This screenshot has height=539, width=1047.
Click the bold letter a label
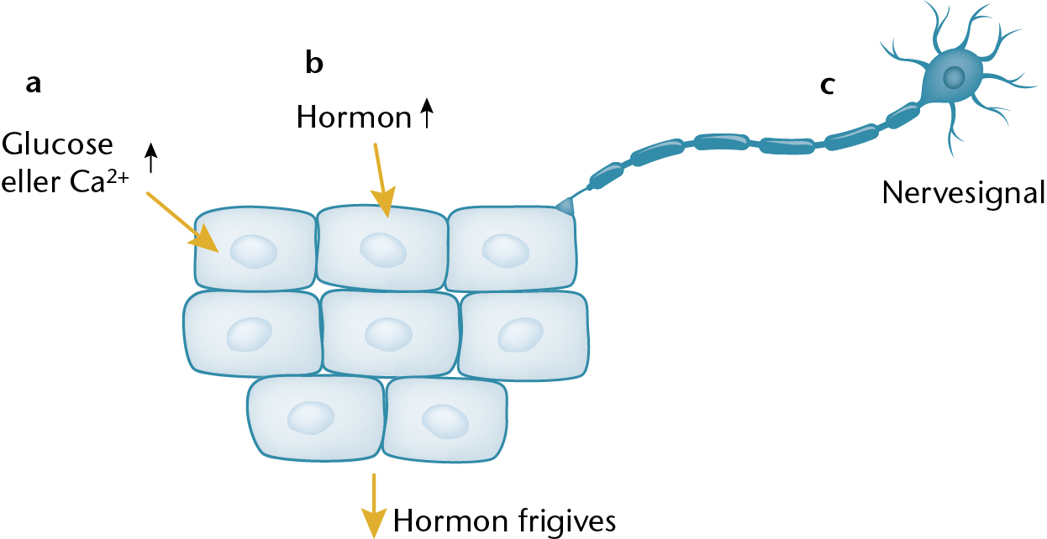[x=33, y=85]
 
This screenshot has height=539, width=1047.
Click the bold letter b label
[x=314, y=62]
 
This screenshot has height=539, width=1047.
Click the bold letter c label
[x=828, y=86]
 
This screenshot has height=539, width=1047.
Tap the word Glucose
[x=57, y=144]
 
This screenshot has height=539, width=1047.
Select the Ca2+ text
[x=99, y=181]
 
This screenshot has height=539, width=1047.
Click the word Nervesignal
[x=963, y=193]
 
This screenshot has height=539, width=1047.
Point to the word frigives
[x=567, y=521]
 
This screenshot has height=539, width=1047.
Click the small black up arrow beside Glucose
[x=150, y=157]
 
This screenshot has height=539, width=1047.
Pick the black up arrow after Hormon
[x=427, y=113]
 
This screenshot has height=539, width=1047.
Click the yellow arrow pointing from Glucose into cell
[x=182, y=222]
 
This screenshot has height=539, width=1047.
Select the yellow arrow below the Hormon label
[x=383, y=181]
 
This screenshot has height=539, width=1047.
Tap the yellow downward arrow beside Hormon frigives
[x=374, y=506]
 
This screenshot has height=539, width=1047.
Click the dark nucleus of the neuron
[x=954, y=76]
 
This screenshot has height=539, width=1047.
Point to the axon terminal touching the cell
[x=566, y=207]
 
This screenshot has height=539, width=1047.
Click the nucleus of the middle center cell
[x=388, y=334]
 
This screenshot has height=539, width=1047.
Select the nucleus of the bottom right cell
[x=445, y=421]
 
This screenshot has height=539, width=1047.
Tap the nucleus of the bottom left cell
[x=311, y=417]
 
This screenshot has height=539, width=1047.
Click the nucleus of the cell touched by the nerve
[x=506, y=251]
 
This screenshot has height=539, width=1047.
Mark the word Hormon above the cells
[x=354, y=117]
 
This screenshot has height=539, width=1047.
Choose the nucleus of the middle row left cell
[x=250, y=334]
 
